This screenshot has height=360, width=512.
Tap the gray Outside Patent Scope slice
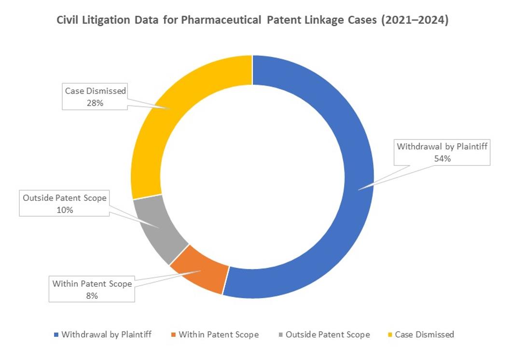(x=157, y=227)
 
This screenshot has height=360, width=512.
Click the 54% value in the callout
(x=442, y=158)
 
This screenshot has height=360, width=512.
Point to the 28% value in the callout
(x=95, y=102)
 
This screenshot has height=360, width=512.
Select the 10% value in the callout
(x=64, y=210)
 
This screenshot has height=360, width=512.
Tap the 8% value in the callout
(x=92, y=295)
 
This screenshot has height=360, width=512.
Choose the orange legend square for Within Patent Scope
(x=173, y=334)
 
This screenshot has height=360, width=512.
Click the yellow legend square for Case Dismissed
(x=389, y=334)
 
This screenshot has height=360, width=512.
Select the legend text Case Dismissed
(x=424, y=334)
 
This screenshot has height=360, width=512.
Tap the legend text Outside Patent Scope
(x=327, y=334)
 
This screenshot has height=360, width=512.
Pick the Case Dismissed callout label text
(x=95, y=91)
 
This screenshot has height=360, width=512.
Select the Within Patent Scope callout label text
(x=92, y=284)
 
